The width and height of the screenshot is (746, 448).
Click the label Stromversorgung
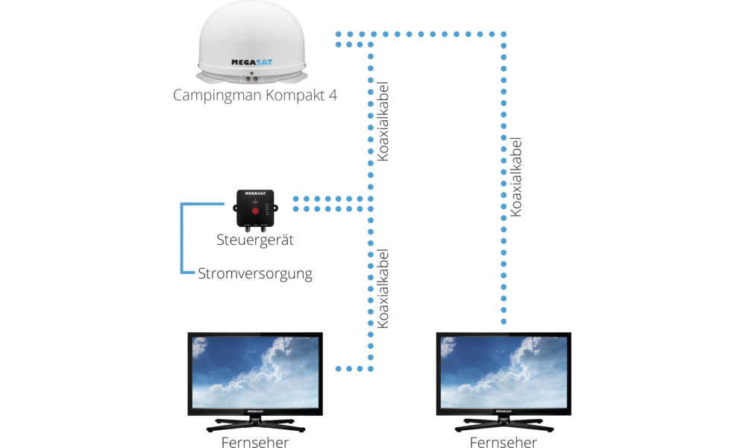point(255,274)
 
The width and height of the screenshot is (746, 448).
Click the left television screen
point(255,370)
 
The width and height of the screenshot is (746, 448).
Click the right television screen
point(503,370)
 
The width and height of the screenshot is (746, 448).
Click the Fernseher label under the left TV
point(255,442)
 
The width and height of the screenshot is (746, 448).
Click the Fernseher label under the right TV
point(503,442)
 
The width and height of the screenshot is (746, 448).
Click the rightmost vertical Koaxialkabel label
point(515,177)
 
